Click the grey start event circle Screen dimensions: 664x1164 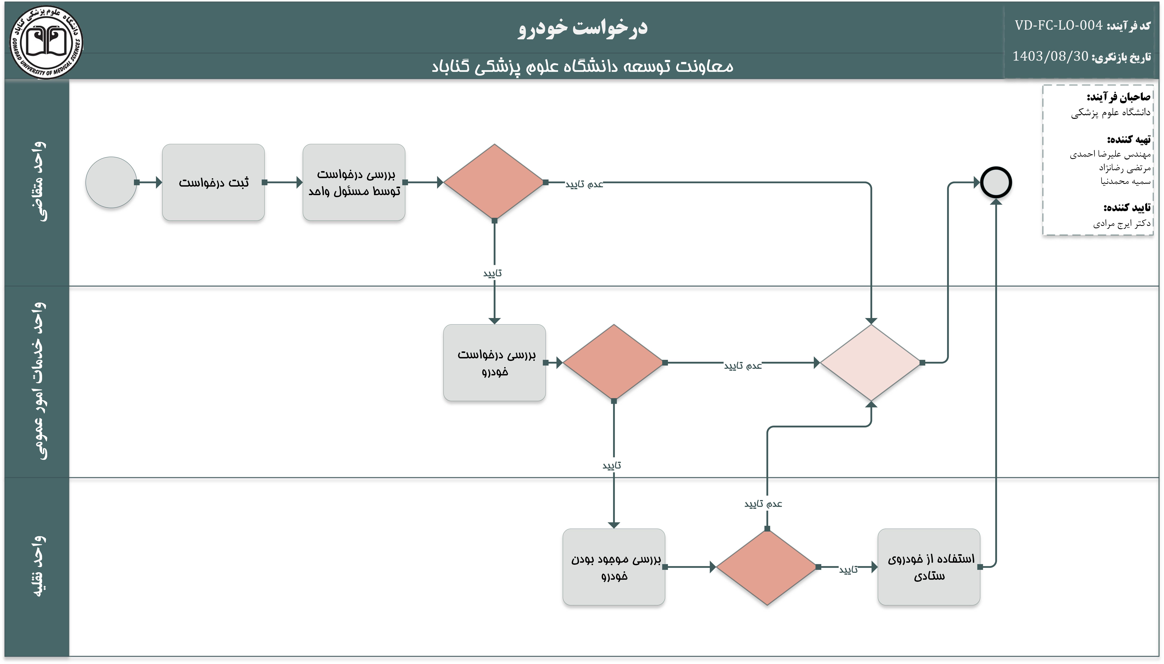(x=111, y=182)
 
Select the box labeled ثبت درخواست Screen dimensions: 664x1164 (x=213, y=182)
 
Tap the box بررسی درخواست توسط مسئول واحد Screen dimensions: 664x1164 (x=354, y=182)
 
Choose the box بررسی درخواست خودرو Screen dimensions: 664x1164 (x=494, y=362)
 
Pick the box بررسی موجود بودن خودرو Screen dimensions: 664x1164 (x=614, y=567)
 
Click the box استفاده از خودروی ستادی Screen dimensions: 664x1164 (x=929, y=567)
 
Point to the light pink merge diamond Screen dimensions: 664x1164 (x=871, y=362)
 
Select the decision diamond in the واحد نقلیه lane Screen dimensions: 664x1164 (x=767, y=567)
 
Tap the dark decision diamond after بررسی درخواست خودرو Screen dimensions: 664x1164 (x=614, y=362)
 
